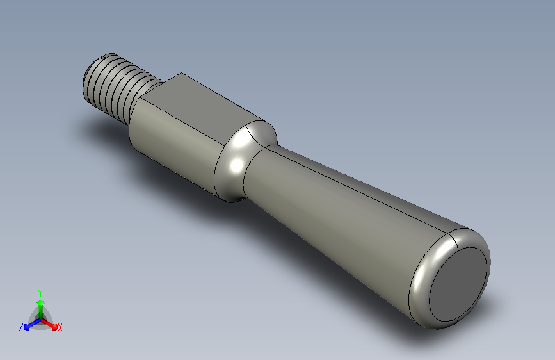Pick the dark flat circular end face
pyautogui.click(x=458, y=284)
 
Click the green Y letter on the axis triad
pyautogui.click(x=40, y=293)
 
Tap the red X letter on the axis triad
pyautogui.click(x=60, y=327)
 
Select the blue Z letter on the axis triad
pyautogui.click(x=21, y=327)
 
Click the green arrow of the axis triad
pyautogui.click(x=41, y=309)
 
